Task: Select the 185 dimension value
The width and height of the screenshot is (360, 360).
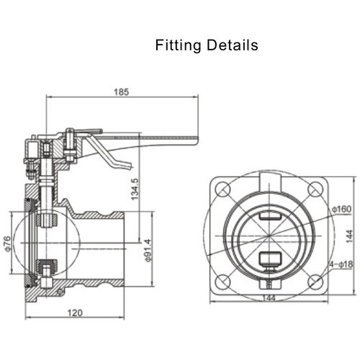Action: pos(121,91)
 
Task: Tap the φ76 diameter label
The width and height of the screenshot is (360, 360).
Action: pos(8,246)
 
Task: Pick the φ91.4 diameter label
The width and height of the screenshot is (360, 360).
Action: pos(149,249)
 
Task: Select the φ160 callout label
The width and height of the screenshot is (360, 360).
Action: pos(342,210)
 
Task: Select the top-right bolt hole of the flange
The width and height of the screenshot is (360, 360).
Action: pos(313,191)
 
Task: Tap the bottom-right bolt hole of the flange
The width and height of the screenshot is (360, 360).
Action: pos(313,282)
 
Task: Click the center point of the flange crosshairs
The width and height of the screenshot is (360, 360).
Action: pos(268,236)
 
